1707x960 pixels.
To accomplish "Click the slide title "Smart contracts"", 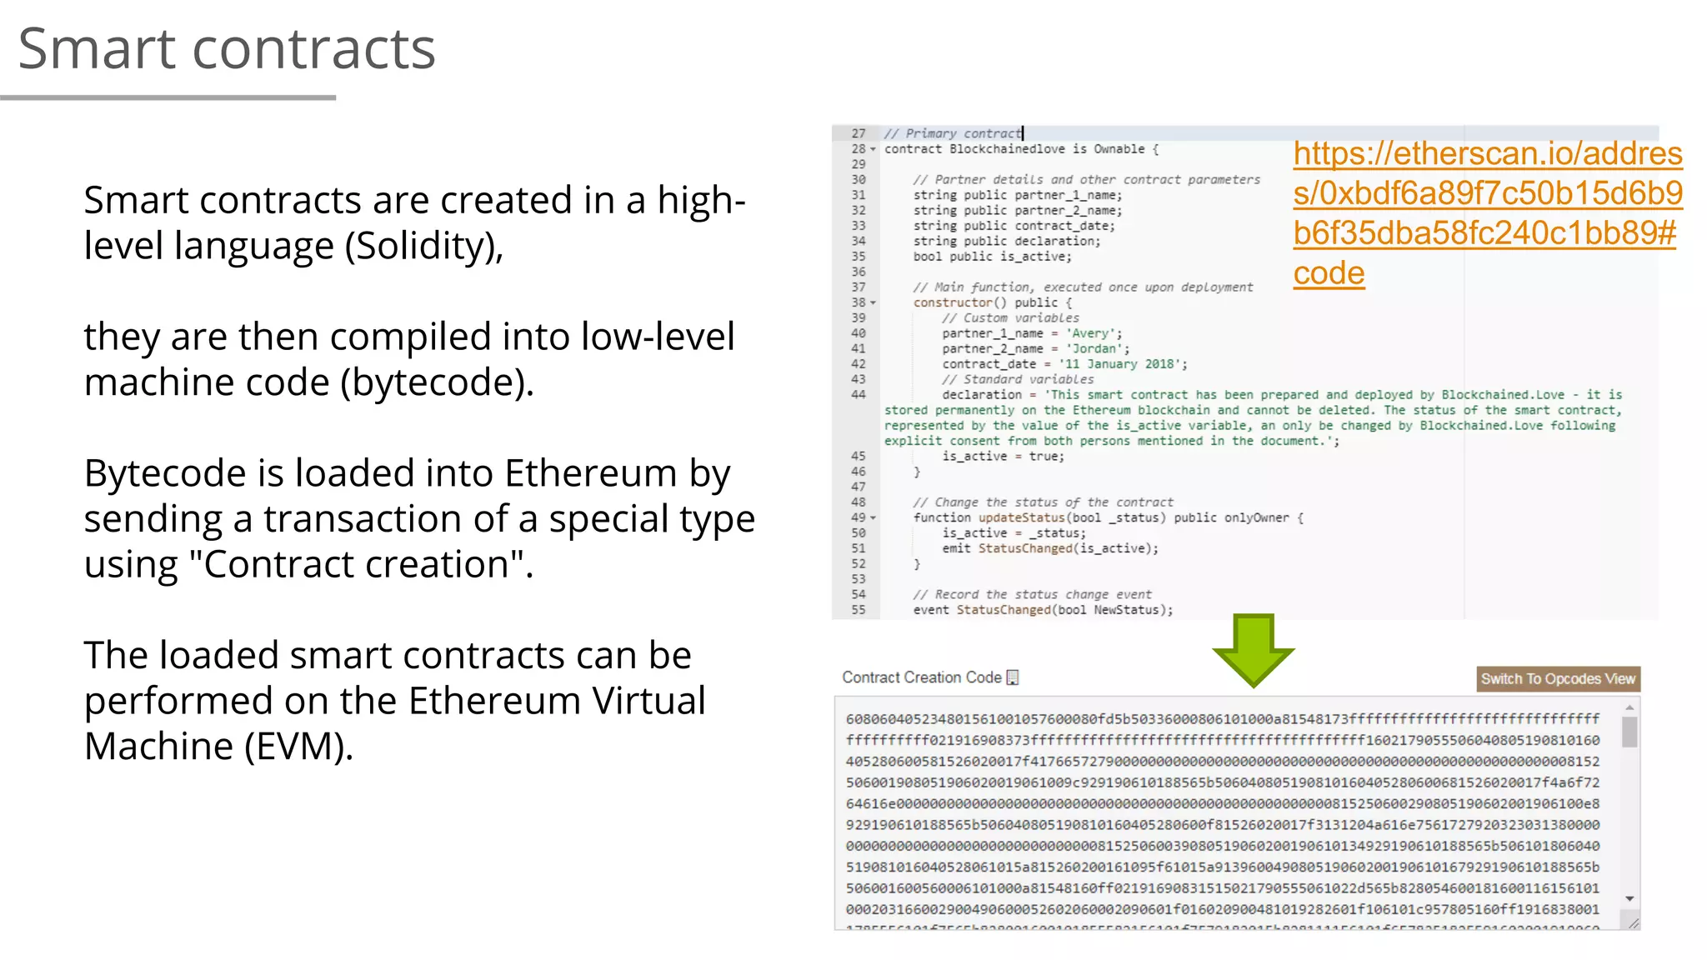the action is click(227, 48).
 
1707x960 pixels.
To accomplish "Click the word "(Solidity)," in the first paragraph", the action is click(423, 246).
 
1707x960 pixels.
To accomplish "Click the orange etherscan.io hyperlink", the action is click(1487, 212).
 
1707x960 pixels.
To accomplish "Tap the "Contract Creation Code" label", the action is click(921, 677).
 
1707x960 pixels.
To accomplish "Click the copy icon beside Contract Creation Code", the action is click(1013, 677).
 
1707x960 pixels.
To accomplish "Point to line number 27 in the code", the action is click(859, 133).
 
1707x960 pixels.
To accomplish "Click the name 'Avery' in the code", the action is click(1090, 333).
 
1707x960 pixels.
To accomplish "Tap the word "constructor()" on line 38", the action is click(959, 302).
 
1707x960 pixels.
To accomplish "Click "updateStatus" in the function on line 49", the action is click(1021, 517).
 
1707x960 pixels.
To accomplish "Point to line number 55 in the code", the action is click(859, 610).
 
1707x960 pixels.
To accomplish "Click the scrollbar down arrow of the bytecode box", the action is click(1629, 898).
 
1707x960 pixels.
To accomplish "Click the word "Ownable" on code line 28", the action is click(1119, 149).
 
